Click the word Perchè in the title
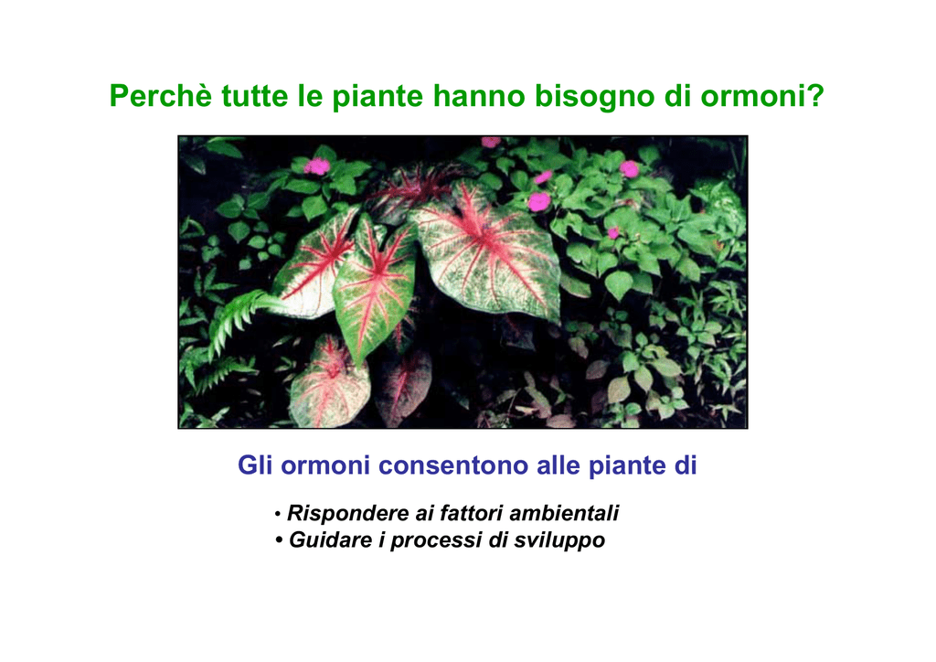tap(160, 95)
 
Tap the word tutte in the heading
tap(255, 95)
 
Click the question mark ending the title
tap(816, 95)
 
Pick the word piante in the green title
tap(378, 97)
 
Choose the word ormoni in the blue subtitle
tap(325, 465)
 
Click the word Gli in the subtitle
tap(255, 465)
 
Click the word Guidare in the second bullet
tap(331, 539)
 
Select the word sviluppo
tap(560, 540)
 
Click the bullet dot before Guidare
tap(279, 540)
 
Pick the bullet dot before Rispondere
tap(278, 513)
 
